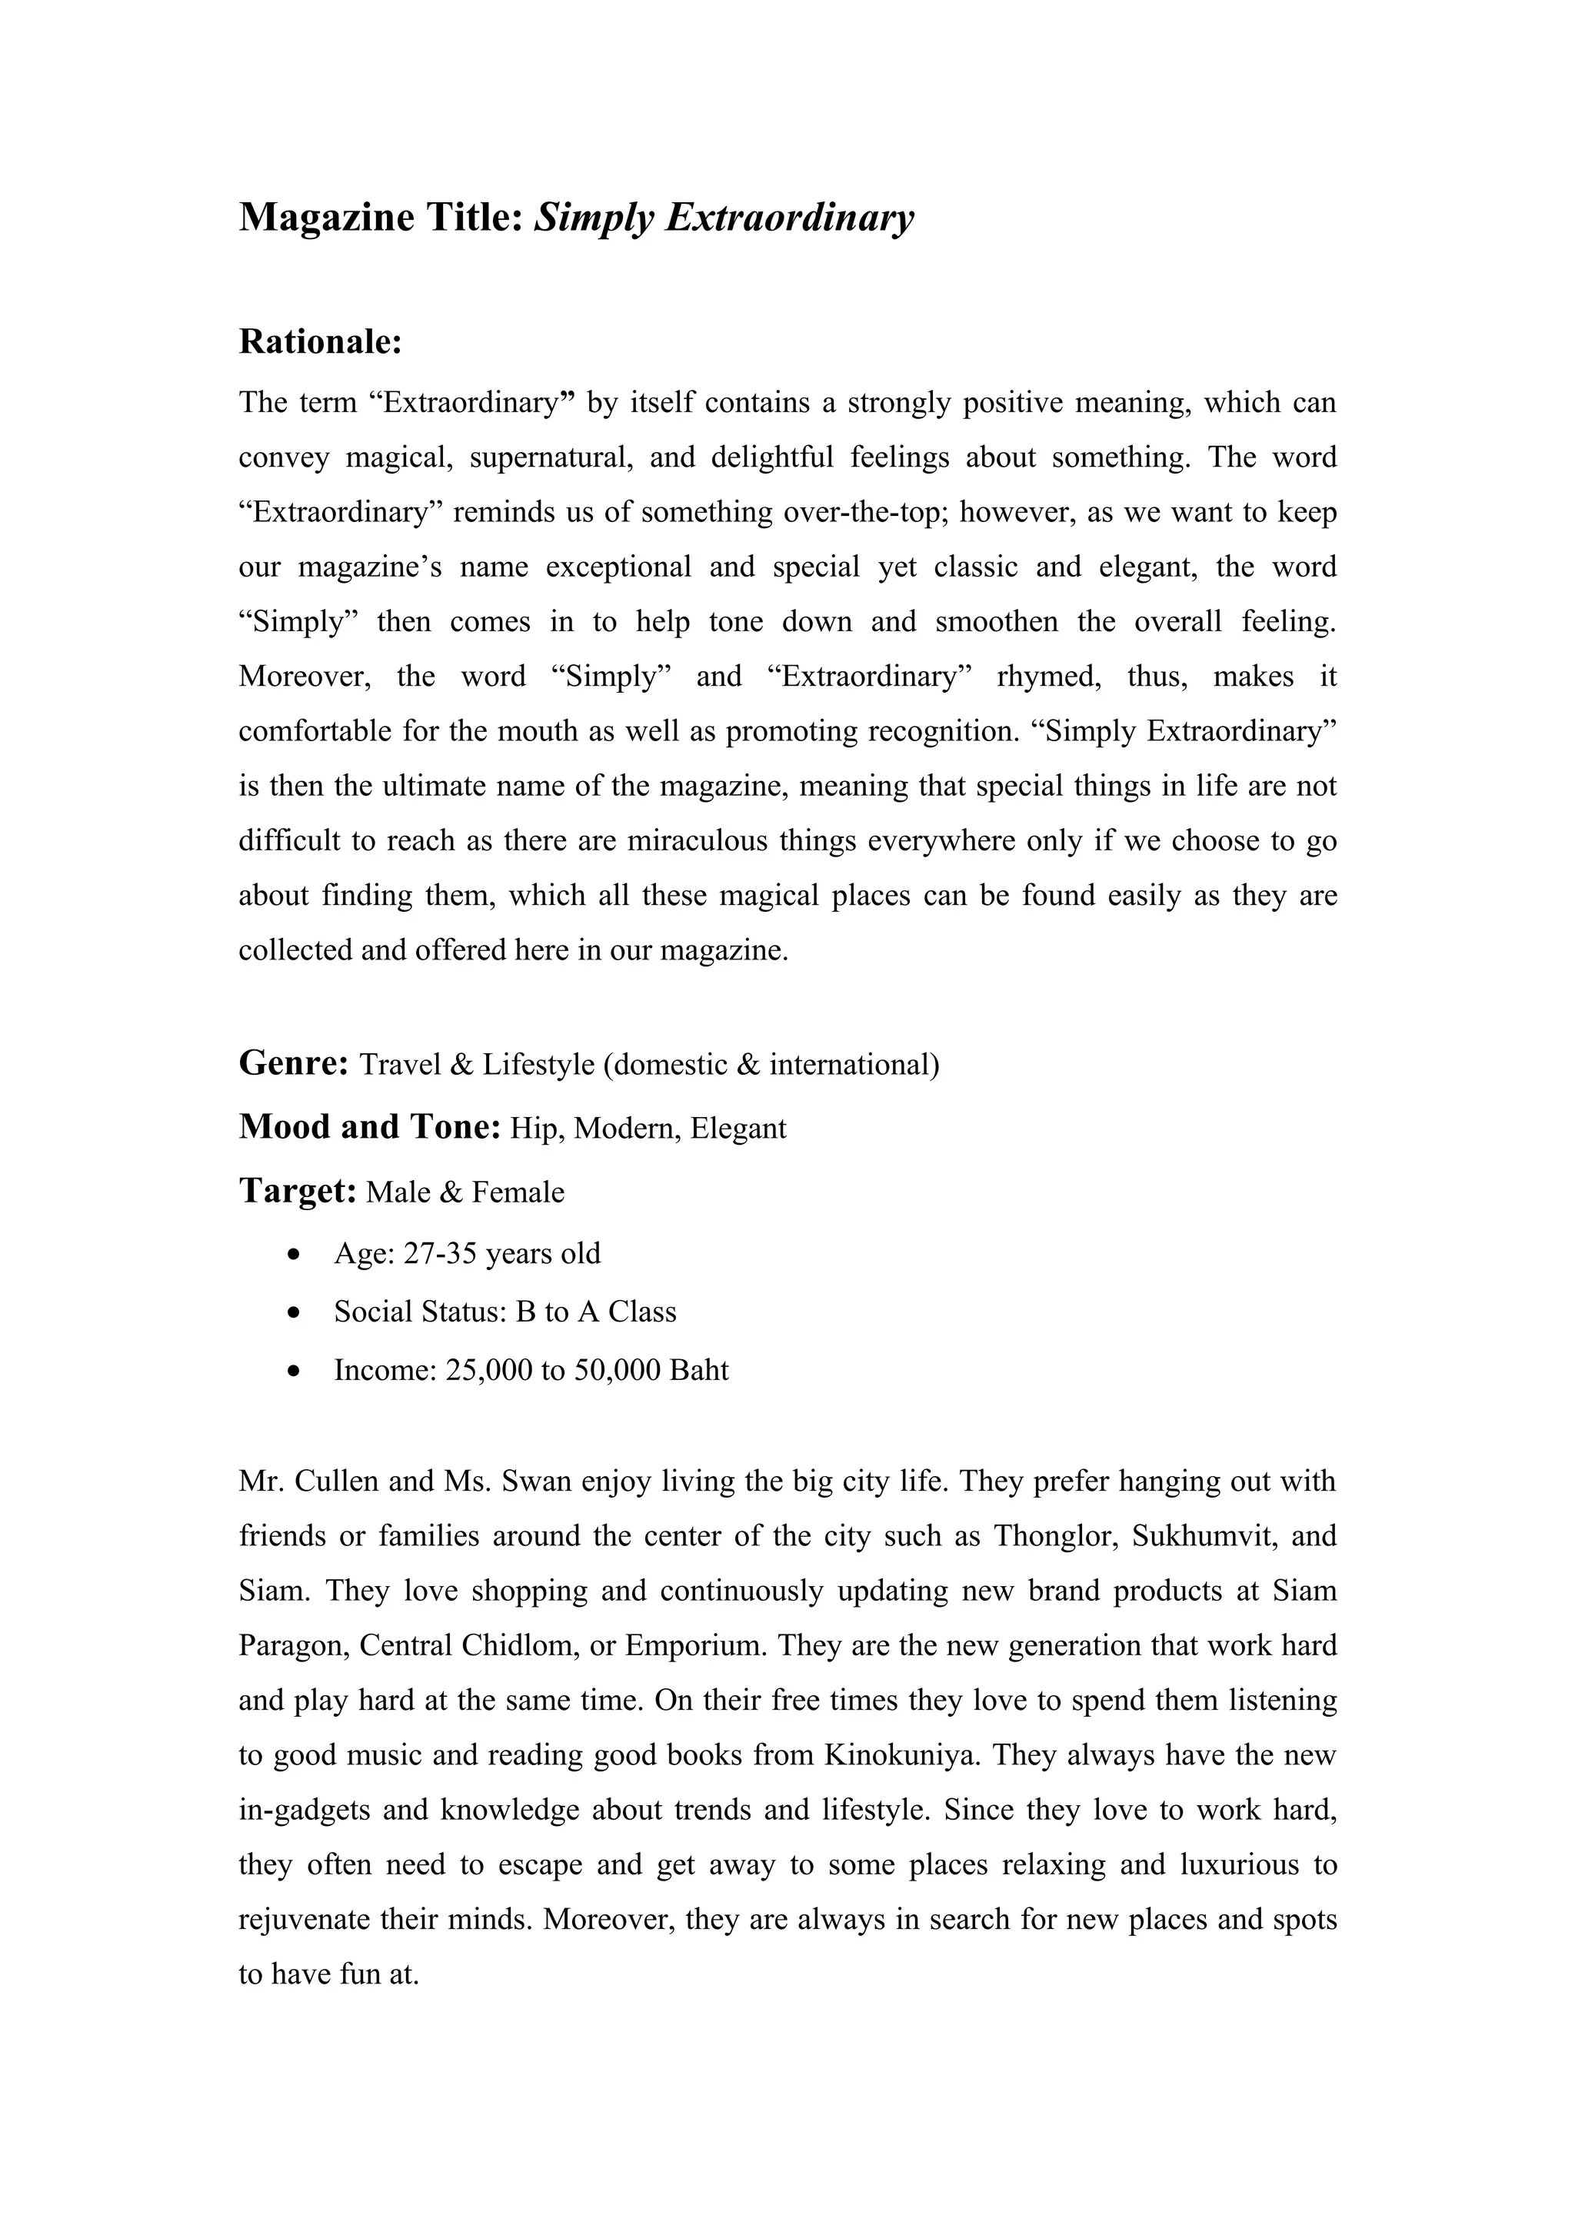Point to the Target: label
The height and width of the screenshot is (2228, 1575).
coord(298,1191)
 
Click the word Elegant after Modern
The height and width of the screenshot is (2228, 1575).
coord(738,1129)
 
